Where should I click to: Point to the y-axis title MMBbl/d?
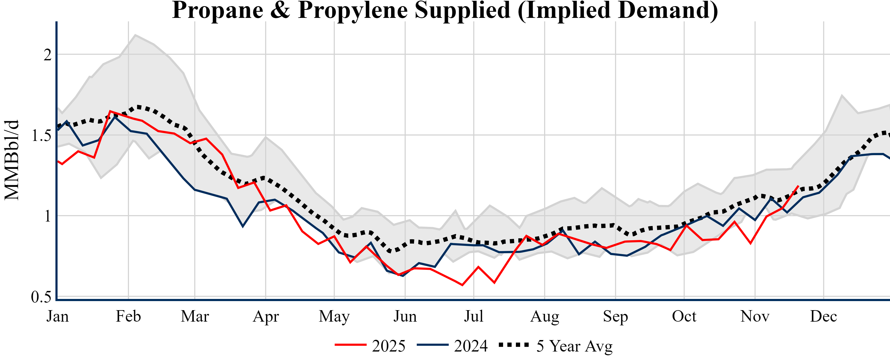pos(12,160)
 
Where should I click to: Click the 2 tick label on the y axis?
pos(47,55)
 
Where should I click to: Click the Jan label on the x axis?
pos(57,316)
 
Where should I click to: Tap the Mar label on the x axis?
pos(195,316)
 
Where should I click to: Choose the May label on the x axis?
pos(334,316)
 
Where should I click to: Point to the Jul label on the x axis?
pos(473,316)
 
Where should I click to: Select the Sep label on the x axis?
pos(615,316)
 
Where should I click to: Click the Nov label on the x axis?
pos(755,316)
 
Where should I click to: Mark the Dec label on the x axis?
pos(824,316)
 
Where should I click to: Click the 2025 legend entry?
pos(370,346)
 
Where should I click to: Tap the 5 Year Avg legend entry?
pos(556,346)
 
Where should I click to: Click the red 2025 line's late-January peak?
pos(110,111)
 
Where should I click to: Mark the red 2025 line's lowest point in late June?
pos(462,285)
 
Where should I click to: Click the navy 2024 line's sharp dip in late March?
pos(243,226)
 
